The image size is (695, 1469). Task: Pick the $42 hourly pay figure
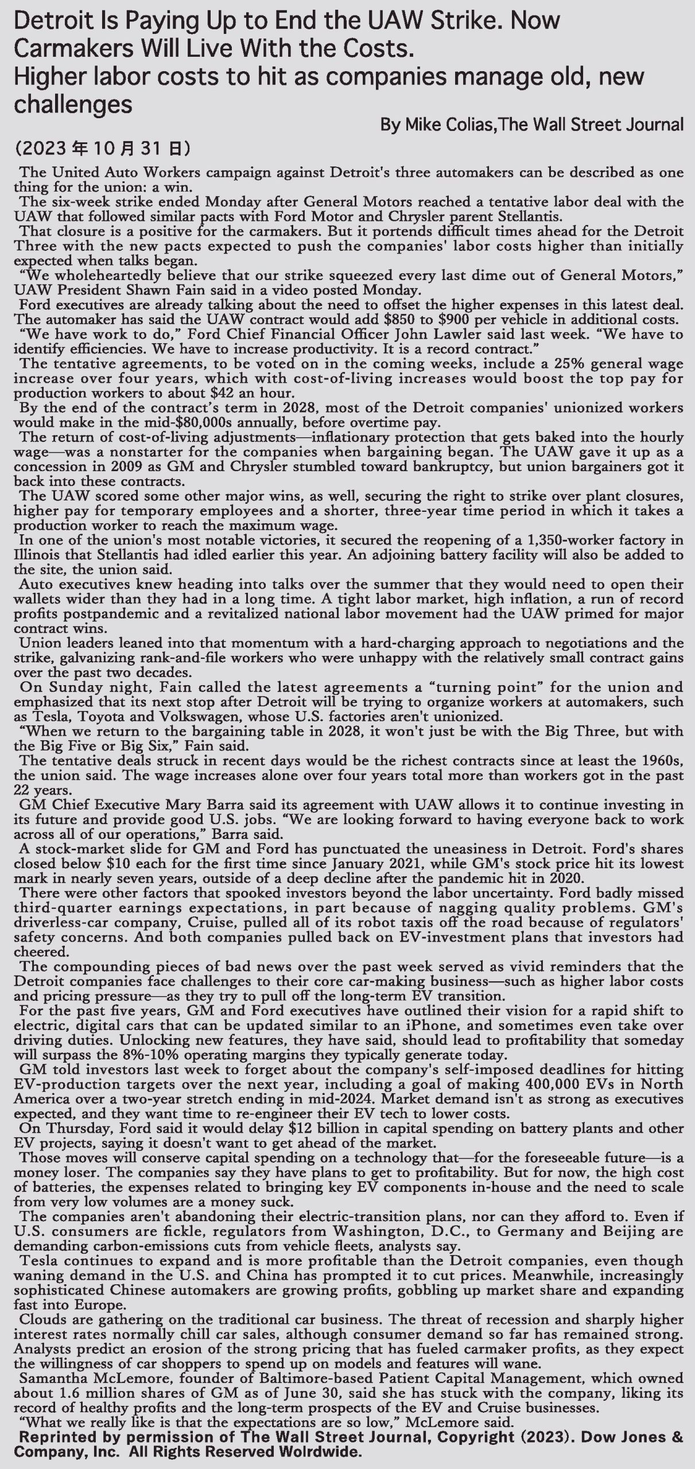(x=195, y=394)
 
